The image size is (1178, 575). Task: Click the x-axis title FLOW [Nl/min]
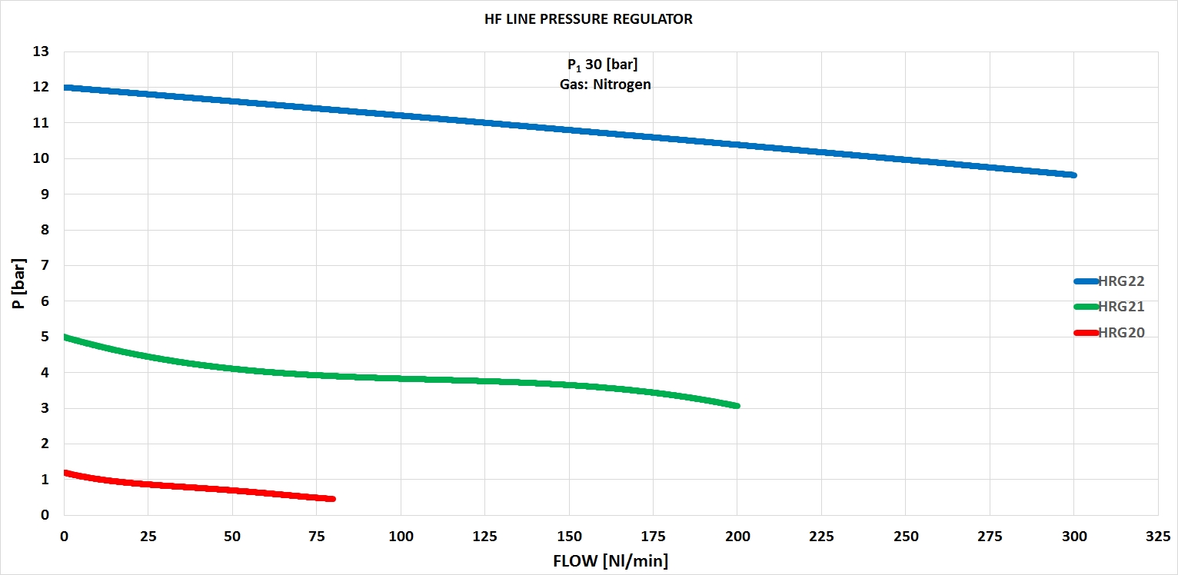click(611, 561)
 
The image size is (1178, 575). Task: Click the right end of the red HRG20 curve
click(332, 499)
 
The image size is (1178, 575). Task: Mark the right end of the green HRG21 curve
click(737, 405)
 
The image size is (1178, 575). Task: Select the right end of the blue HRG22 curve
click(1073, 175)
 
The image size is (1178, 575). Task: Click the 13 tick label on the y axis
click(40, 52)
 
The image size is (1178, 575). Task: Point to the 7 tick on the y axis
click(45, 265)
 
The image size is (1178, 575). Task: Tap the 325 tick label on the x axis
click(1158, 534)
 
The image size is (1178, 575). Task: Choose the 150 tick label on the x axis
click(569, 534)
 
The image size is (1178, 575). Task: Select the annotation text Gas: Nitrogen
click(605, 85)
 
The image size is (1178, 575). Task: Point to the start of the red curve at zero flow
click(65, 473)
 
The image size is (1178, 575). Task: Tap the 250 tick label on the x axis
click(905, 534)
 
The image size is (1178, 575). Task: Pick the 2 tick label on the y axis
click(45, 444)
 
